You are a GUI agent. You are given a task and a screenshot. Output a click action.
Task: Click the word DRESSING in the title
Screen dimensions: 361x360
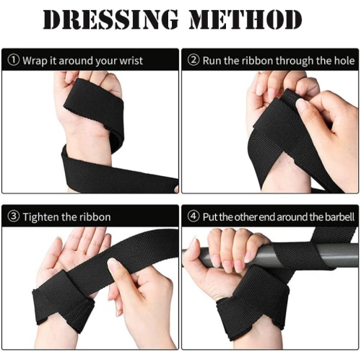110,19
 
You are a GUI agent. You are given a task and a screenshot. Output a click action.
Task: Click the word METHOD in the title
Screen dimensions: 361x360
245,19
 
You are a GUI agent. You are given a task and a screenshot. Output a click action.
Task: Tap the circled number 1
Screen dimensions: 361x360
14,60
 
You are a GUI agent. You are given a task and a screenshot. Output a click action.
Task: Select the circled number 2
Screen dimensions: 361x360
193,60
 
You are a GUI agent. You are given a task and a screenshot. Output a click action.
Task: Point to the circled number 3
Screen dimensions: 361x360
14,216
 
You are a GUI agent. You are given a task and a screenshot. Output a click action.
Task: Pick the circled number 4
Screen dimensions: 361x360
193,216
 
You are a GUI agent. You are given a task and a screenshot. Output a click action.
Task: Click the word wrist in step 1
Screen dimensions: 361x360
131,61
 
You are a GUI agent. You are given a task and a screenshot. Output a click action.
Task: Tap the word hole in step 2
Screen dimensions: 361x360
344,61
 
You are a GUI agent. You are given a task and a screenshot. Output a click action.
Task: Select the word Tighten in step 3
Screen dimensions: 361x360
41,217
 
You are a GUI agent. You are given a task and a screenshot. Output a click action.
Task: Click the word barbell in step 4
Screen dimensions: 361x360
340,217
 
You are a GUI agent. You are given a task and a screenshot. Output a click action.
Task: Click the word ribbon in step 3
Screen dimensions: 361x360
95,217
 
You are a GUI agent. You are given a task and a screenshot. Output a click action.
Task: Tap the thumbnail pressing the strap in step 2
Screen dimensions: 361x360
302,104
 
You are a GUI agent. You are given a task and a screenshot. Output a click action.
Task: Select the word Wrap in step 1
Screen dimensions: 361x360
35,61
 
